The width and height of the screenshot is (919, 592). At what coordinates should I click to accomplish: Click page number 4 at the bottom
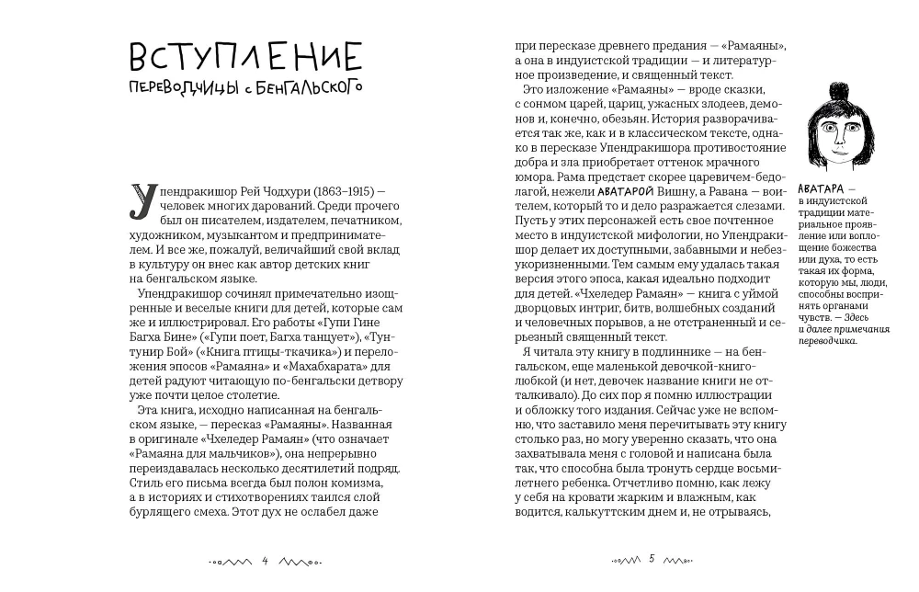(x=265, y=559)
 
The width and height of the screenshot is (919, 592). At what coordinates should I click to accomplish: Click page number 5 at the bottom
(x=651, y=559)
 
